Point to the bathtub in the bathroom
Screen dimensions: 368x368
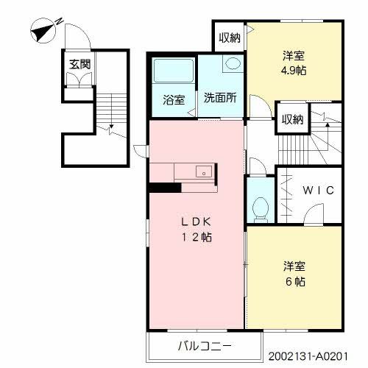pos(172,72)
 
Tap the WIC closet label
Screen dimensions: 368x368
pos(319,189)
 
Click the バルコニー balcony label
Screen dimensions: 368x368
pos(205,344)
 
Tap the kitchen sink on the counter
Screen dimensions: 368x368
pos(200,172)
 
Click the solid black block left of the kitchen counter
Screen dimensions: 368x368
pos(164,186)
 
